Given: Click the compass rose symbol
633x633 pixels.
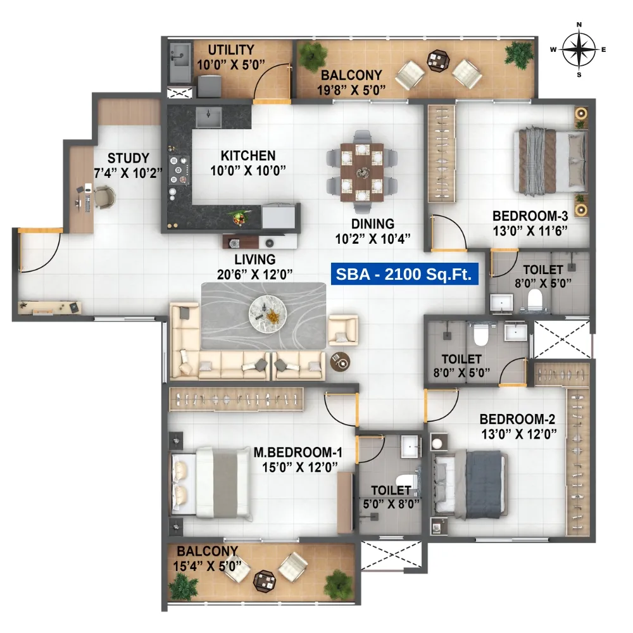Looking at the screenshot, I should click(x=579, y=49).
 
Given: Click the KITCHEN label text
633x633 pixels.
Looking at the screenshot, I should click(x=248, y=155).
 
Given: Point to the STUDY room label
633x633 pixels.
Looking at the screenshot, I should click(x=128, y=158).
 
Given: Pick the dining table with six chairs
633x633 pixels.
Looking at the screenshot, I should click(x=362, y=172).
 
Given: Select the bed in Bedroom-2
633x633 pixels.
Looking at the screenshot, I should click(x=469, y=482).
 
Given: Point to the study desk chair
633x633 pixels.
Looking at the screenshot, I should click(x=105, y=197).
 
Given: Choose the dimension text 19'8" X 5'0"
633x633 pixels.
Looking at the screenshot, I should click(x=351, y=90).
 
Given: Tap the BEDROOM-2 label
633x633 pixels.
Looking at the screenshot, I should click(x=517, y=419).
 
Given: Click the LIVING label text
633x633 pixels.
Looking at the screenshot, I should click(x=254, y=259).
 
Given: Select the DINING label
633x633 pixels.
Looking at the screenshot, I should click(x=373, y=223).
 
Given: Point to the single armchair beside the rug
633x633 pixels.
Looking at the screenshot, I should click(x=343, y=330).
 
